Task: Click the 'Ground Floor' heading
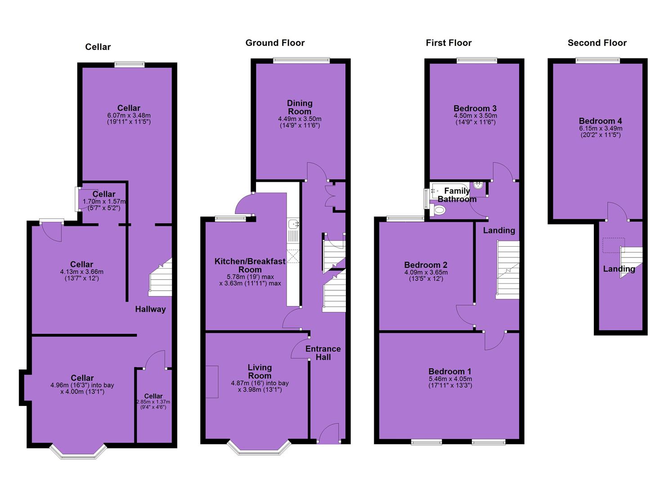coord(275,43)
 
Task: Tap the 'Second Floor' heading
coord(597,43)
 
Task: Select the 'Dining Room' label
coord(300,108)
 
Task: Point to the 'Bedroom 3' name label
coord(475,108)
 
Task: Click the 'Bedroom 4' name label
coord(601,121)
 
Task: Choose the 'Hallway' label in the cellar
coord(150,309)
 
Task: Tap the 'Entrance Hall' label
coord(323,353)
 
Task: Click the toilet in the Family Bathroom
coord(438,210)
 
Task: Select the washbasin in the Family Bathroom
coord(478,184)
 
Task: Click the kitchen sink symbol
coord(293,224)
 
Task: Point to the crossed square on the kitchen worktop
coord(293,256)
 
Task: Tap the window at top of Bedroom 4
coord(598,61)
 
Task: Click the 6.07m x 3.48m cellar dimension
coord(129,115)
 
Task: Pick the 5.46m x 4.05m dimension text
coord(450,379)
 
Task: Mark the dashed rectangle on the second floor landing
coord(614,245)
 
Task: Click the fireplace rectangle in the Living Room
coord(212,382)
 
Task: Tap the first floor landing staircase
coord(507,270)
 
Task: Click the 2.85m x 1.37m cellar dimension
coord(153,402)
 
